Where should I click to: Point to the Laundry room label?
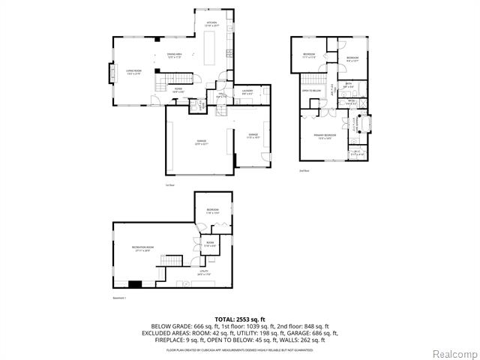[x=247, y=92]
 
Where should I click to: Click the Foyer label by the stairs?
[x=178, y=90]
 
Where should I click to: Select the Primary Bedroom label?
[x=324, y=137]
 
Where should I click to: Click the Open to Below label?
[x=312, y=91]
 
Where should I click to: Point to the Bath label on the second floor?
[x=349, y=85]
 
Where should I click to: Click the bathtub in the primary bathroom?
[x=364, y=123]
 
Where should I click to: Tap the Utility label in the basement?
[x=203, y=274]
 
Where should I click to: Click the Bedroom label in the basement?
[x=213, y=211]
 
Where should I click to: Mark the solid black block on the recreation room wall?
[x=136, y=283]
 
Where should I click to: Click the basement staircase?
[x=172, y=262]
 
